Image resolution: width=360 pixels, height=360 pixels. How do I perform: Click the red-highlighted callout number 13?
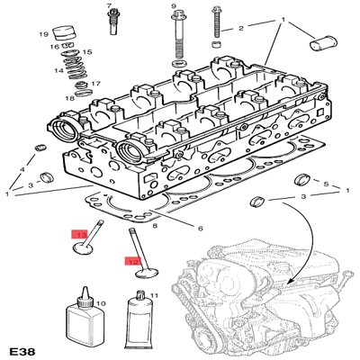coord(79,234)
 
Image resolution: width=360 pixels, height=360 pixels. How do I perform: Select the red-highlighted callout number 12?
coord(133,261)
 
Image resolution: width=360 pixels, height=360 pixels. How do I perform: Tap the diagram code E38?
coord(22,351)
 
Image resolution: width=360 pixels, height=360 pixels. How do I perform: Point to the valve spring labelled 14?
coord(73,68)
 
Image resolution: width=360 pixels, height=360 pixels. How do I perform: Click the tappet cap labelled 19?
coord(64,33)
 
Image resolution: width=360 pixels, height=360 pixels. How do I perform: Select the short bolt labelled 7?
coord(113,22)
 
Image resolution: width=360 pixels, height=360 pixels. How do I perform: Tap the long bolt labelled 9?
coord(178,34)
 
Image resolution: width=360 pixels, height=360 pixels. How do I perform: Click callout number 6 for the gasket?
coord(200,229)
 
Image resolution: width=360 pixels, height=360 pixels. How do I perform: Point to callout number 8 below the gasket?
coord(155,226)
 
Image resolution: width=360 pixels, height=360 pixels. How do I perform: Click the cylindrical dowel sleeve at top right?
coord(323,46)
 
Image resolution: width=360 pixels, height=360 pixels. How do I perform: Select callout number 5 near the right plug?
coord(326,184)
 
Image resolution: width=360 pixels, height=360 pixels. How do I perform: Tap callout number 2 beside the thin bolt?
coord(241,29)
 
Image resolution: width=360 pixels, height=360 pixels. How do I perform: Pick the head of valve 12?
coord(147,274)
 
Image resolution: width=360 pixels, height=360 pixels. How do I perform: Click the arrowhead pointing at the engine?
coord(288,283)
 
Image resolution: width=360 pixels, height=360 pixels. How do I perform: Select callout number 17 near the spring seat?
coord(96,84)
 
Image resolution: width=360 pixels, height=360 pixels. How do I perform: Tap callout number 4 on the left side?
coord(22,169)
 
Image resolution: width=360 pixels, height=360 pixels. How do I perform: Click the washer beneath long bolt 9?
coord(179,64)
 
